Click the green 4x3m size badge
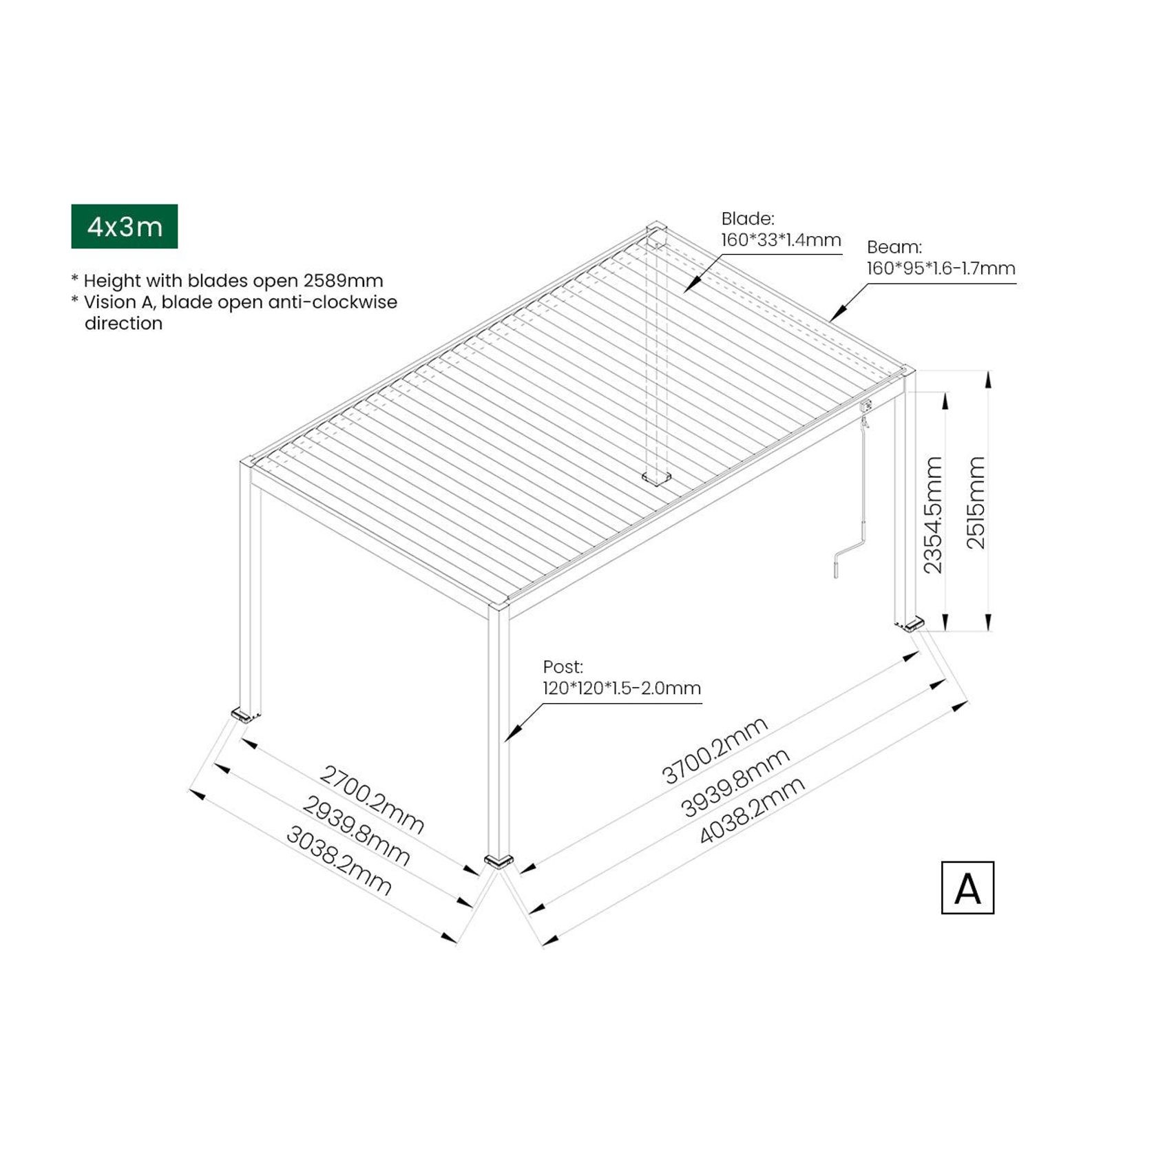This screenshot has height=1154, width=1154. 124,226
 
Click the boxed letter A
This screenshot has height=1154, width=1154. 967,888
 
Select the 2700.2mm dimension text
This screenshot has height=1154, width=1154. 371,799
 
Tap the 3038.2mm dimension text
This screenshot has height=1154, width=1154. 339,861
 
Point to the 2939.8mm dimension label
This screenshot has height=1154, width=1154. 356,830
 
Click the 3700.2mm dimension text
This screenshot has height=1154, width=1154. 715,750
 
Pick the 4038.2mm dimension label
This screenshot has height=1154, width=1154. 751,810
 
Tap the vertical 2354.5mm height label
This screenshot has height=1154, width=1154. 932,514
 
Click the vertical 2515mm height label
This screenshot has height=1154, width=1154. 976,502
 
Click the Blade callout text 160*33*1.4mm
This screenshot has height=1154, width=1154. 781,240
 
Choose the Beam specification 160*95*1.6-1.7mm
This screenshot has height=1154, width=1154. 941,269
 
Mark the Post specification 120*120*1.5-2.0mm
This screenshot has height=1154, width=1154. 622,688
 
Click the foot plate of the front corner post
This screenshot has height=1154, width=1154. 499,861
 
